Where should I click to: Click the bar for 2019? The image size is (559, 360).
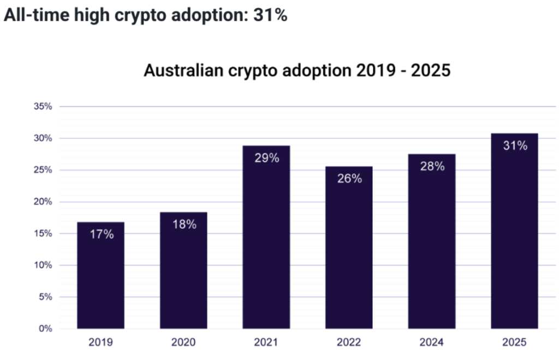click(100, 276)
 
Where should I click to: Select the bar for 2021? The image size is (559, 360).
click(266, 238)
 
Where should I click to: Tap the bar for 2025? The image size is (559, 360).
click(514, 232)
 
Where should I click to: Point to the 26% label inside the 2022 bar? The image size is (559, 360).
click(349, 179)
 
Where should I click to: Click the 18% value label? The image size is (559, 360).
click(183, 224)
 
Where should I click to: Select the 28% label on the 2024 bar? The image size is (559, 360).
click(432, 167)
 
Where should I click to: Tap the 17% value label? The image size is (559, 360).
click(101, 234)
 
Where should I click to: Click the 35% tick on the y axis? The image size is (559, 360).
click(43, 107)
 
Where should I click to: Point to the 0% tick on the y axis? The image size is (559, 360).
click(45, 329)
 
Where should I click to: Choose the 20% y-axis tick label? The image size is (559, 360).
click(43, 202)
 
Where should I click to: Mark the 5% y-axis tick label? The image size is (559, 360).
click(45, 297)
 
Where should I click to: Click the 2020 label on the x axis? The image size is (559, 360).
click(183, 343)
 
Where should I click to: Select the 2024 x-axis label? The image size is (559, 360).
click(432, 343)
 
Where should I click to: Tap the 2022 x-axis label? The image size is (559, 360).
click(349, 343)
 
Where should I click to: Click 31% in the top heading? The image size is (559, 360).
click(270, 15)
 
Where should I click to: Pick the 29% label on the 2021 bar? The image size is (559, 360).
click(266, 158)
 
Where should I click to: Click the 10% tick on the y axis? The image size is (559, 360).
click(43, 265)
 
